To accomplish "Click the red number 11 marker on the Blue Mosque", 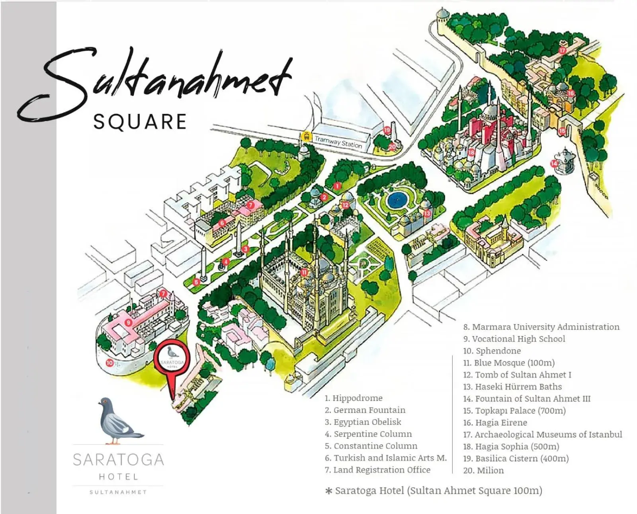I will [x=304, y=272].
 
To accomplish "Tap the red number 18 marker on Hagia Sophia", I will [x=471, y=152].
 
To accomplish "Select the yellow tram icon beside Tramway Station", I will [x=306, y=137].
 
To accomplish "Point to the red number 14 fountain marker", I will [x=554, y=163].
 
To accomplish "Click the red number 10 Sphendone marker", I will [x=109, y=363].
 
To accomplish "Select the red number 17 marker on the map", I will [x=562, y=51].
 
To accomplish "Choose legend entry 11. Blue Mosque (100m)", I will [x=509, y=363].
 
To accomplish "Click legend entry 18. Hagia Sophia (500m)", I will [x=511, y=446].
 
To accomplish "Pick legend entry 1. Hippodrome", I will [x=354, y=398].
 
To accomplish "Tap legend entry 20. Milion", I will [x=483, y=470].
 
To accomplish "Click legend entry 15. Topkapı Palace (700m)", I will [x=514, y=410].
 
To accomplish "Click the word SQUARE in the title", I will [x=140, y=122].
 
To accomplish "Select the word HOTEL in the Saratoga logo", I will [x=118, y=477].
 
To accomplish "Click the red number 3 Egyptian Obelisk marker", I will [x=246, y=249].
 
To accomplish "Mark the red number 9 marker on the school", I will [x=128, y=322].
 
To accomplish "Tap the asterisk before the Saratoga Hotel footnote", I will [x=329, y=491].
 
